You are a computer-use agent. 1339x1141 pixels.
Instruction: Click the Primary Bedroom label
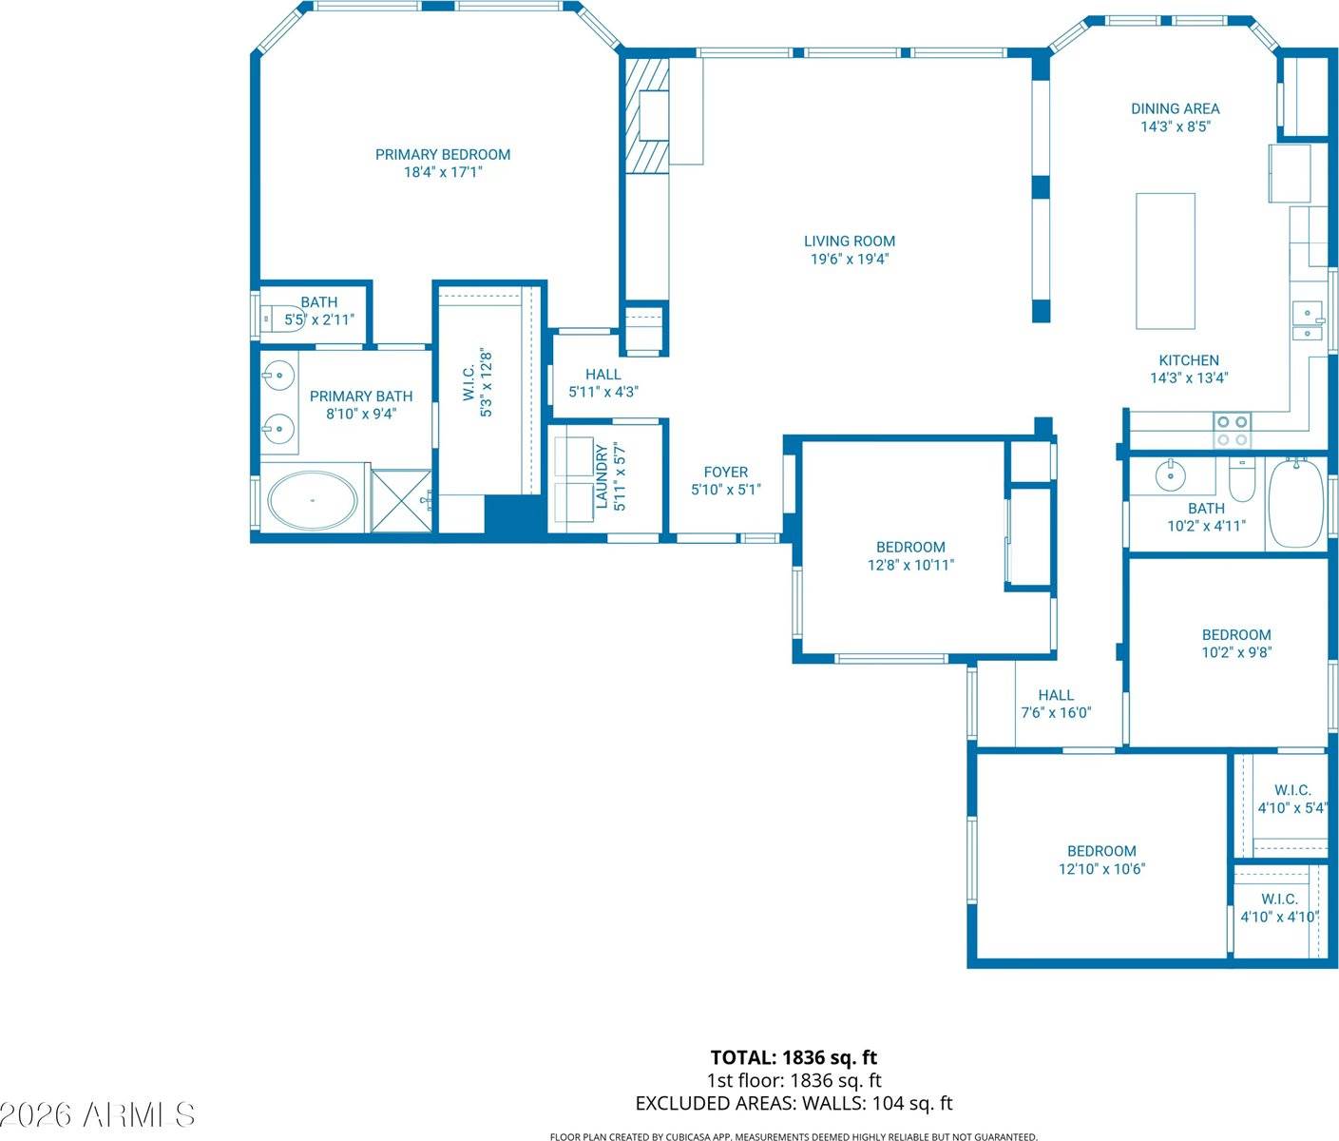pos(443,154)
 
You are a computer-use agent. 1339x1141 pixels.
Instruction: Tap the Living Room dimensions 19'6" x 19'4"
pos(849,259)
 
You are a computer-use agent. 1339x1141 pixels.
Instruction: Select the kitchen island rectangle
pos(1165,261)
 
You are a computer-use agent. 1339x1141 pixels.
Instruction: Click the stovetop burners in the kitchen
pos(1233,430)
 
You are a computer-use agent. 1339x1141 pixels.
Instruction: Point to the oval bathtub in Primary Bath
pos(313,500)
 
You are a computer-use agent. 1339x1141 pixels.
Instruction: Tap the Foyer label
pos(726,472)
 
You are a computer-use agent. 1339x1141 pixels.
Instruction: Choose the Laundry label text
pos(601,476)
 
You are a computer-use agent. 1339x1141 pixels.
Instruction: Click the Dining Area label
pos(1175,108)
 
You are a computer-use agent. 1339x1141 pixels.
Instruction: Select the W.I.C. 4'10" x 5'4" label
pos(1291,799)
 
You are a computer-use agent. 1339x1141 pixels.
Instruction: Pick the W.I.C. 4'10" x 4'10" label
pos(1279,908)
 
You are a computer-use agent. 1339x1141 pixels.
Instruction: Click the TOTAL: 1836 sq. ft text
pos(794,1057)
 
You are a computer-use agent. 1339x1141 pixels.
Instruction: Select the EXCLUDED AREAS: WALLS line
pos(794,1103)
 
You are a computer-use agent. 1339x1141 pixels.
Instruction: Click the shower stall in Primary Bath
pos(402,500)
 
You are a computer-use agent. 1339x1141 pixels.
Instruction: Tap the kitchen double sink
pos(1309,321)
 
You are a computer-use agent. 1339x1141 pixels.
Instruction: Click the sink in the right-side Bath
pos(1171,473)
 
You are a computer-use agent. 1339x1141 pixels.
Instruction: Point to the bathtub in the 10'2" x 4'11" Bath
pos(1296,502)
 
